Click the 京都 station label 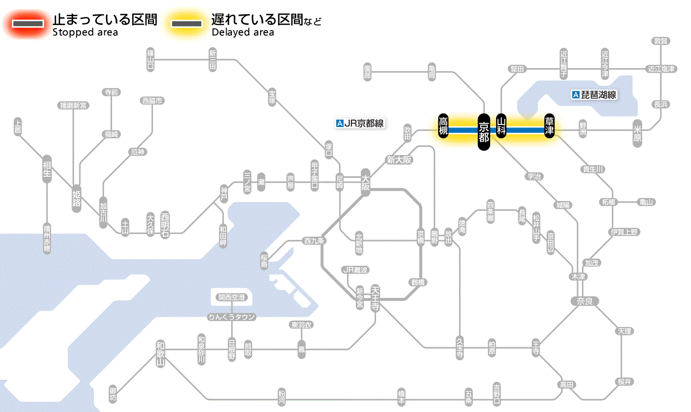click(484, 132)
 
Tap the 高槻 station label click(443, 126)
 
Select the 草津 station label click(549, 126)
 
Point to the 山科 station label click(501, 126)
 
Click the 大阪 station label click(365, 182)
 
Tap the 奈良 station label click(584, 301)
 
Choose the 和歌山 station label click(160, 353)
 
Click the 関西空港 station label click(231, 297)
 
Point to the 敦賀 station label click(660, 41)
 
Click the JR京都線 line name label click(360, 124)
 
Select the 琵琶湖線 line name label click(594, 95)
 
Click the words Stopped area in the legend click(85, 33)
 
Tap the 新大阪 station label click(399, 160)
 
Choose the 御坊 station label click(113, 395)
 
